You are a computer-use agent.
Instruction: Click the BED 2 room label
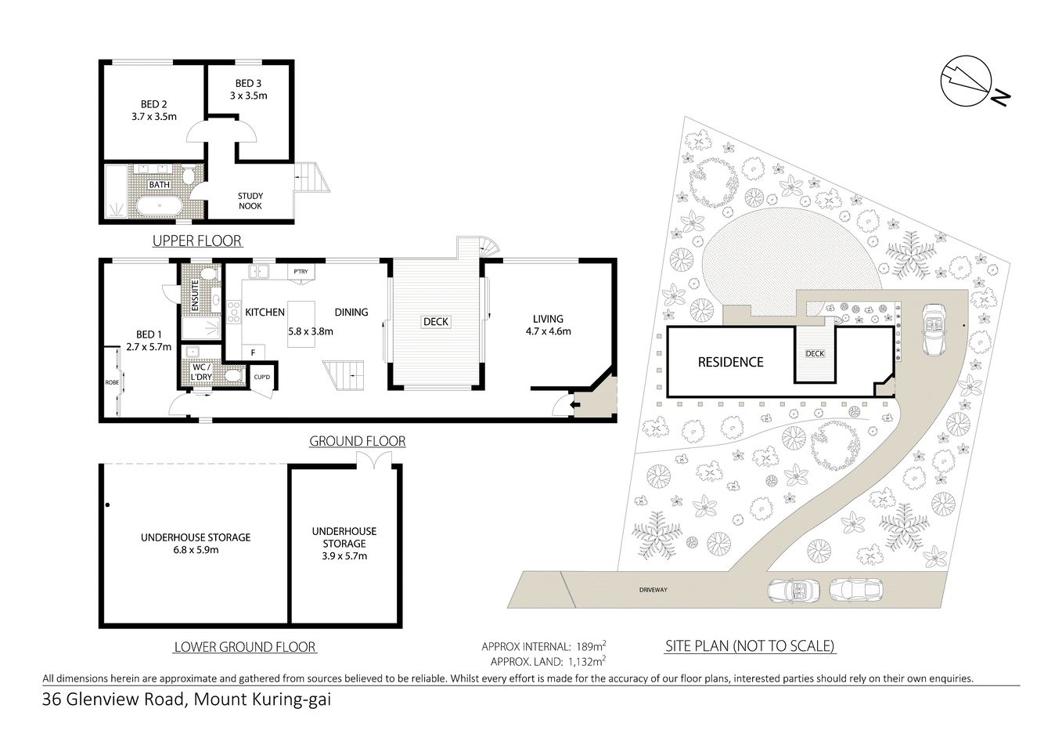point(153,104)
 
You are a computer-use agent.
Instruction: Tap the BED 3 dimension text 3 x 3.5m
point(248,96)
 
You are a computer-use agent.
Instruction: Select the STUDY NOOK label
point(250,201)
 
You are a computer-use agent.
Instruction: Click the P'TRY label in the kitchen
point(301,272)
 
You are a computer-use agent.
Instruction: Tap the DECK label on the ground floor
point(436,322)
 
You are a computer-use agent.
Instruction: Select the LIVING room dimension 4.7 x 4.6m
point(548,331)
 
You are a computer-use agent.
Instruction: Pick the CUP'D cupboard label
point(261,378)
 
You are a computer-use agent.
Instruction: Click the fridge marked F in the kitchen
point(252,352)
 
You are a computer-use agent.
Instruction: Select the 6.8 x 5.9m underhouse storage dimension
point(196,549)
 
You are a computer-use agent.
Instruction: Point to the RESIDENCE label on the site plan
point(730,362)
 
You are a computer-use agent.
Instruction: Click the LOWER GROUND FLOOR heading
point(244,647)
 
